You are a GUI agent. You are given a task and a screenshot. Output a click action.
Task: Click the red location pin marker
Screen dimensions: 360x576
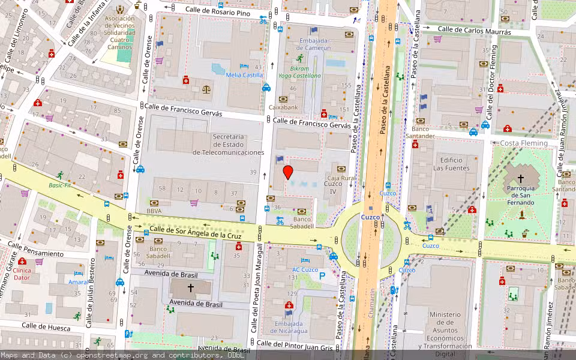(288, 172)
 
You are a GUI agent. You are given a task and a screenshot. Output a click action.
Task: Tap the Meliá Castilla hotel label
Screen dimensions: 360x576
(244, 75)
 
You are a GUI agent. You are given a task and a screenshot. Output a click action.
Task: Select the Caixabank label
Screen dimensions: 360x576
(284, 107)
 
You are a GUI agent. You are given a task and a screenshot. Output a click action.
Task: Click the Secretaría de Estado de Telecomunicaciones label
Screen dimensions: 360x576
(229, 145)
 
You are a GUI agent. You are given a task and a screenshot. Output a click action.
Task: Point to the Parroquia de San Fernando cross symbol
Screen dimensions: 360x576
(520, 178)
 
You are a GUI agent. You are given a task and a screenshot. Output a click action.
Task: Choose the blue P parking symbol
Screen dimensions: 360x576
(322, 276)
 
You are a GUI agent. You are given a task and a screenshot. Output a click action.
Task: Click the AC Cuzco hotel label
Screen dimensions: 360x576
(305, 269)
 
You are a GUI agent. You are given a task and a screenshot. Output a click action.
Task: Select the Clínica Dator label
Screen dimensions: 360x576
(23, 274)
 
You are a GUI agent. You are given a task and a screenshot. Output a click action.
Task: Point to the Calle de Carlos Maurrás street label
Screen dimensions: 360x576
(474, 30)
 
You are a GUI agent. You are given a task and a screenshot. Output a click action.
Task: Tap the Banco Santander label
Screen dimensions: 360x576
(420, 132)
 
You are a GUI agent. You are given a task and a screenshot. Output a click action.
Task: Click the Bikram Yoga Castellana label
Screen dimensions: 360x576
(299, 72)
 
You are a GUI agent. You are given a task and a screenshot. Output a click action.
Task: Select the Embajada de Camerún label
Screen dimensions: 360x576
(314, 44)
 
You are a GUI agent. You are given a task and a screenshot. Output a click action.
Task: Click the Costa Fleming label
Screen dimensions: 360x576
(524, 143)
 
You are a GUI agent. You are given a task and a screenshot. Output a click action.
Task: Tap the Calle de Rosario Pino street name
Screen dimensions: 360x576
(217, 11)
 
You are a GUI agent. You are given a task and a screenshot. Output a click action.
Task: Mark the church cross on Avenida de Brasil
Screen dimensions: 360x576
(191, 288)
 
